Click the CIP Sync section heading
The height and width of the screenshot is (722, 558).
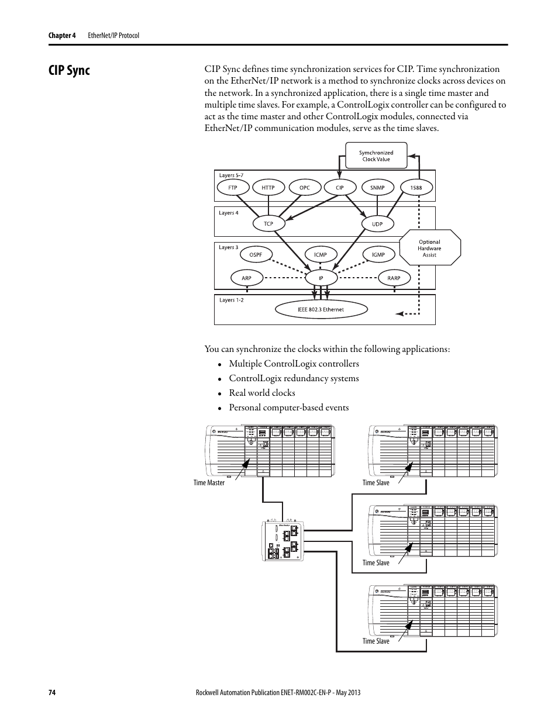pos(69,71)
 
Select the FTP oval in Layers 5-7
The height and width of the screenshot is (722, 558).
pos(232,188)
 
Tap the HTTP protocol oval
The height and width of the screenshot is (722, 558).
pos(268,188)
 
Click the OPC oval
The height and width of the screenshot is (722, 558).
pos(304,188)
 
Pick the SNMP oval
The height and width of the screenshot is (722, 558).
pos(377,188)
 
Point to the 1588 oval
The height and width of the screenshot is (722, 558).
pos(416,188)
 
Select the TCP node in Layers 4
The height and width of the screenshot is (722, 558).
pos(268,223)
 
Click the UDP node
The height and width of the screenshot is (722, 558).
pos(377,223)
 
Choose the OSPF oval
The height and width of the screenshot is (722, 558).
pos(256,255)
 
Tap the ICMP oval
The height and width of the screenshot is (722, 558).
pos(320,255)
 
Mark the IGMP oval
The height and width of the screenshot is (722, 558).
pos(378,255)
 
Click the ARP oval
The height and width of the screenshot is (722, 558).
pos(246,278)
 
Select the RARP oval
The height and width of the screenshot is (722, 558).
pos(394,278)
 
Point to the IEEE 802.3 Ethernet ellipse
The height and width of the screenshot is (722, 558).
pos(321,309)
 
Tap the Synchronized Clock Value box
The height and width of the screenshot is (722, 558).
pos(376,156)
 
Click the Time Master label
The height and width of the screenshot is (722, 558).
pos(209,483)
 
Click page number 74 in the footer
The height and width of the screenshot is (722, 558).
pos(51,693)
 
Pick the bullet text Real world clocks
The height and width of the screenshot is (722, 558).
pos(261,393)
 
